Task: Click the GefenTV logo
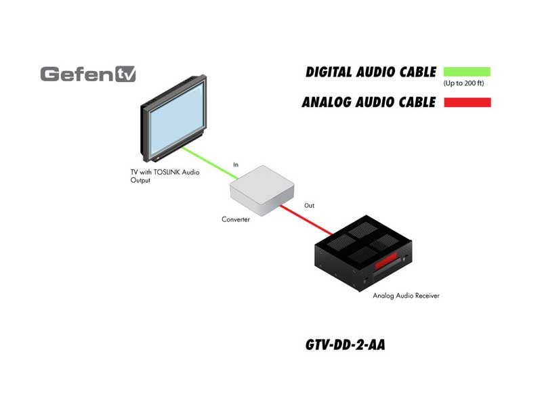coord(88,74)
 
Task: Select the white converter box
coord(262,190)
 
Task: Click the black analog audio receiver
coord(363,253)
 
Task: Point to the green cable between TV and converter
coord(210,163)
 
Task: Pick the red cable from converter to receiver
coord(306,220)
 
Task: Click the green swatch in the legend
coord(467,72)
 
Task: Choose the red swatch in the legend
coord(467,102)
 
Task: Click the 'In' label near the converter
coord(236,165)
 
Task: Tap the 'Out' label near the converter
coord(310,205)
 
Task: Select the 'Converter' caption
coord(236,219)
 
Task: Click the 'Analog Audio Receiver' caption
coord(406,296)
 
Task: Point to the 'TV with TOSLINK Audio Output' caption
coord(165,176)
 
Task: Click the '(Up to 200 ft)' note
coord(463,83)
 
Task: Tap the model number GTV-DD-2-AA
coord(345,345)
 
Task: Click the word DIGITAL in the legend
coord(329,72)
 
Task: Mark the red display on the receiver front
coord(386,261)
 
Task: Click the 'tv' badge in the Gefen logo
coord(125,74)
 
